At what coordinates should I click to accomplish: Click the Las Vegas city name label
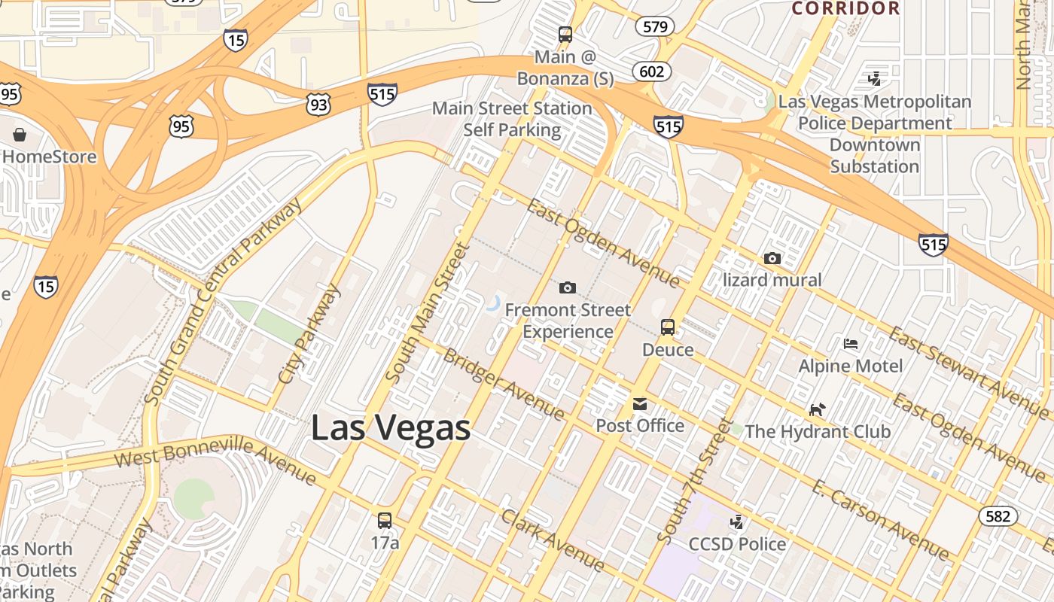pos(391,428)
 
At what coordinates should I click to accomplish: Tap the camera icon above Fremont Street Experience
pos(568,287)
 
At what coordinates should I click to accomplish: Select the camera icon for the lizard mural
pos(772,258)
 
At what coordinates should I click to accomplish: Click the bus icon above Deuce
pos(668,327)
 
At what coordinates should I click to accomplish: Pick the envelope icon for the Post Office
pos(639,404)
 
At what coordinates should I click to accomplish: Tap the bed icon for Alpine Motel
pos(851,344)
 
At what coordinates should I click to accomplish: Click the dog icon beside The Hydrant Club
pos(817,409)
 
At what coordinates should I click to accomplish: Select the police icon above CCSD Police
pos(737,521)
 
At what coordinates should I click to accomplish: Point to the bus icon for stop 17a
pos(384,520)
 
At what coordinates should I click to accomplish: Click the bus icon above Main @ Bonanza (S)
pos(565,35)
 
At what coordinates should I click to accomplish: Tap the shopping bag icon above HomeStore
pos(19,135)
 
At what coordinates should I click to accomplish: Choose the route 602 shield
pos(651,71)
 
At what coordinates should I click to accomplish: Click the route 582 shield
pos(998,516)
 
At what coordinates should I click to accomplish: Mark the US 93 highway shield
pos(318,105)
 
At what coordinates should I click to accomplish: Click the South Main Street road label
pos(427,312)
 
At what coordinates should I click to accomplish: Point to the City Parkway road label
pos(309,333)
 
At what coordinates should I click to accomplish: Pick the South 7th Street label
pos(694,479)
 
